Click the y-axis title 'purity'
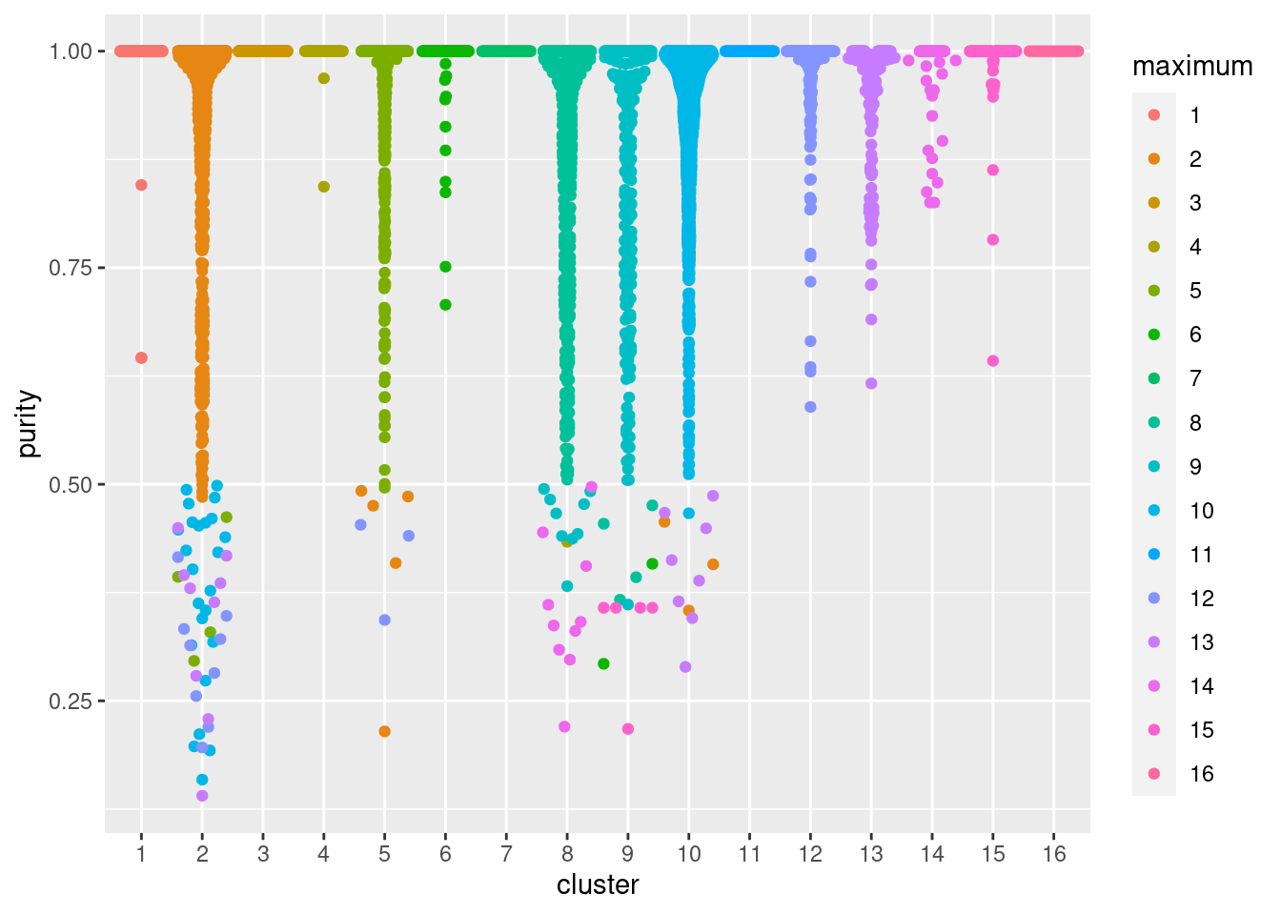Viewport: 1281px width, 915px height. (29, 422)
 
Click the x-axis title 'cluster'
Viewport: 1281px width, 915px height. (598, 885)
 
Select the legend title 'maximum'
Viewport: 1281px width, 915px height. (1191, 67)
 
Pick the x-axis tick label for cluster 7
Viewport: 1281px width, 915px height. (506, 854)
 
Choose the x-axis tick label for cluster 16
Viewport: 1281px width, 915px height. (1054, 854)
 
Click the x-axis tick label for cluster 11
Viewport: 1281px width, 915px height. (749, 854)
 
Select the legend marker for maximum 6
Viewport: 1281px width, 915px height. (1154, 335)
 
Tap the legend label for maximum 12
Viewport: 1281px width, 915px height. (1202, 599)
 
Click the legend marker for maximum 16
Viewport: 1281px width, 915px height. (1154, 774)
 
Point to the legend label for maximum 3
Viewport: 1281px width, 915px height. (1195, 203)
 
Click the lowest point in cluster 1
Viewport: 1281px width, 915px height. (141, 357)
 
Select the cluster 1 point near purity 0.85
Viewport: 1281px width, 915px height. (141, 185)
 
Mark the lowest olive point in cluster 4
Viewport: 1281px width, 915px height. (324, 187)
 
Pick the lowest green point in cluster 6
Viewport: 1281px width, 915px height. (445, 305)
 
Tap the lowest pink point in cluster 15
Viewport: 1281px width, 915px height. (993, 360)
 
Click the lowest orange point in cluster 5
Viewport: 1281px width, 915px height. (385, 732)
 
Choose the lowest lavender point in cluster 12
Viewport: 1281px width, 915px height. (810, 407)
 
